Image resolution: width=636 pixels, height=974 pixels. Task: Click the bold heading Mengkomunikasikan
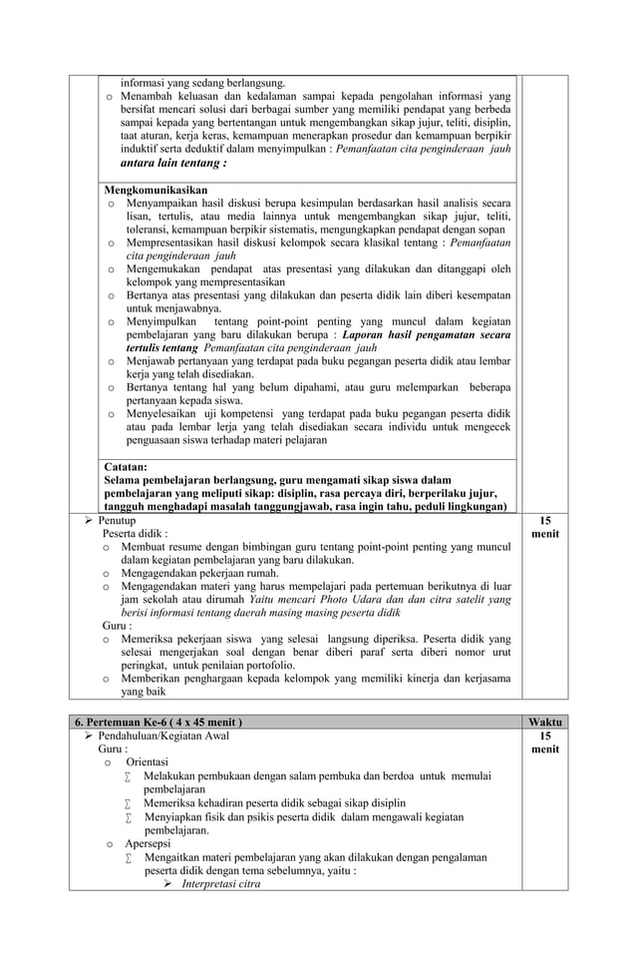[156, 190]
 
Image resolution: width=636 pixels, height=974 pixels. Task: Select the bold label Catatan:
[126, 466]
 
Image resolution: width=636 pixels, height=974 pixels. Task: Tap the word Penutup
[117, 521]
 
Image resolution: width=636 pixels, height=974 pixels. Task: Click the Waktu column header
[544, 722]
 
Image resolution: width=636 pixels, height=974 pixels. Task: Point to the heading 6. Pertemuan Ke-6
[159, 722]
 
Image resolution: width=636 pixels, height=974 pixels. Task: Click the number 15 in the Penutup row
[544, 521]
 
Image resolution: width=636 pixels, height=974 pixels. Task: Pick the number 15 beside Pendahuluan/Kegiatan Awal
[544, 735]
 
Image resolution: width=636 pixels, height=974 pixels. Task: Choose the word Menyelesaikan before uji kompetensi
[169, 413]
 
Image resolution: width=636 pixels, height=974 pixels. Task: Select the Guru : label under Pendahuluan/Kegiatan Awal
[113, 748]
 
